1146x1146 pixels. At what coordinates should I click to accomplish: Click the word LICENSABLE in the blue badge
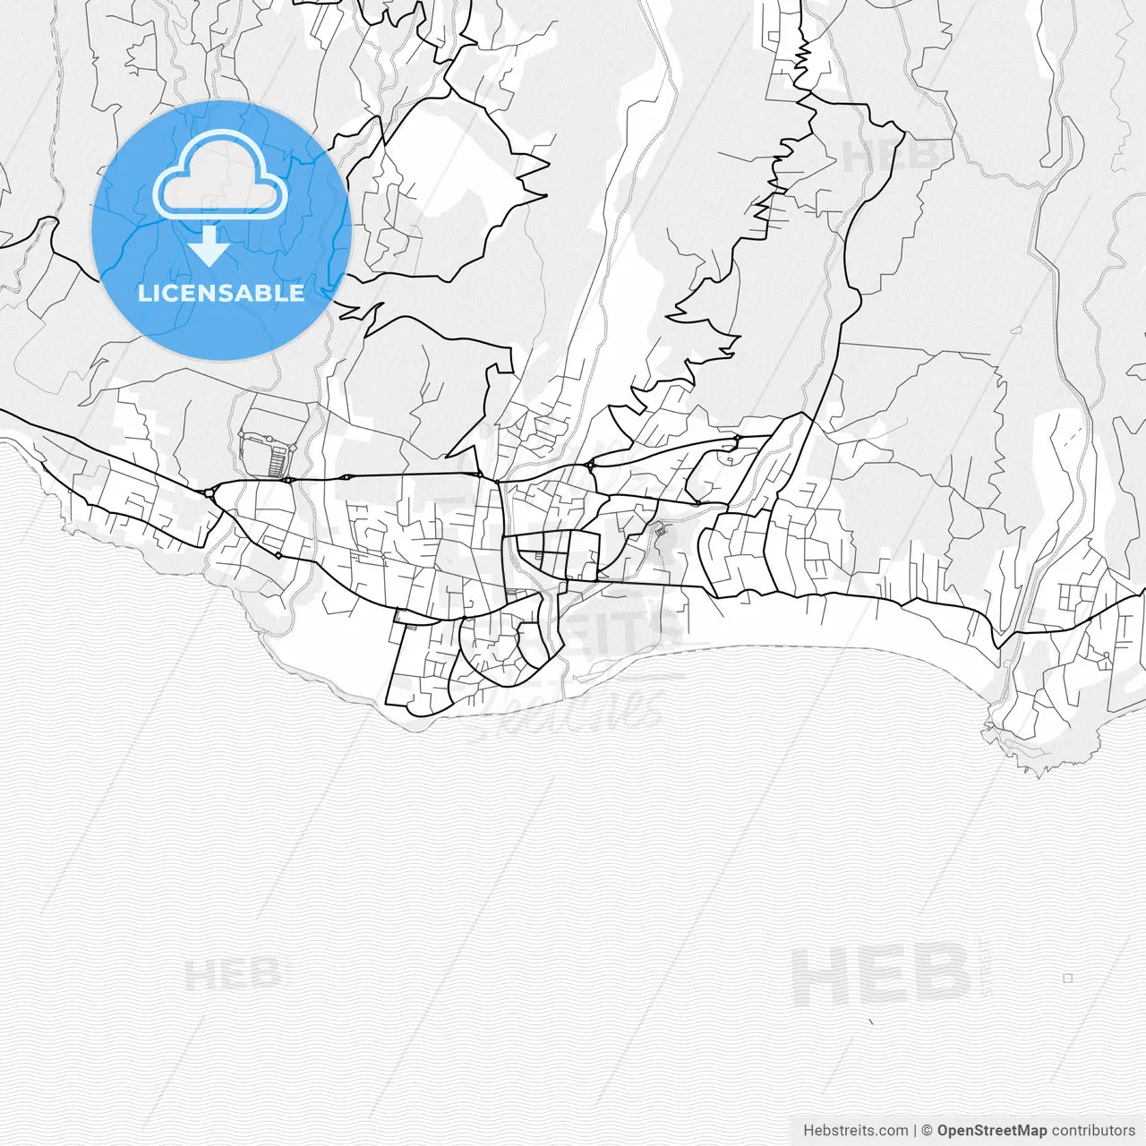coord(221,293)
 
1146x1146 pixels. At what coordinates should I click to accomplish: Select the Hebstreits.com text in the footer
coord(855,1131)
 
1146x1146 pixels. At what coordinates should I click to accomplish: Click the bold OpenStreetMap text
coord(991,1131)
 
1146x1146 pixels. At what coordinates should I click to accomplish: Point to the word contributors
coord(1093,1131)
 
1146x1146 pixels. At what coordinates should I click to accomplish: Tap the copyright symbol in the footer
coord(928,1131)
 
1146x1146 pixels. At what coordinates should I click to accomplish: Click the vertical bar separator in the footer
coord(915,1131)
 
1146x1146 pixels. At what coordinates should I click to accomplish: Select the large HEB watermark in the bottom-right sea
coord(881,976)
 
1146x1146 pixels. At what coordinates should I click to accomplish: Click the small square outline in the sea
coord(1067,979)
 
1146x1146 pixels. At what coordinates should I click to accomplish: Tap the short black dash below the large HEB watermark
coord(872,1021)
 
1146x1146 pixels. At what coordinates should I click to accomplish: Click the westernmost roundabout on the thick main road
coord(209,492)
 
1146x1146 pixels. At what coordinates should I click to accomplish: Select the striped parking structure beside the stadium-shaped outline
coord(278,460)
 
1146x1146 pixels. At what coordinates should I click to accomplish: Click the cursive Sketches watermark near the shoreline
coord(573,707)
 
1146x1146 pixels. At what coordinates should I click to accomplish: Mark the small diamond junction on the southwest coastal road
coord(278,555)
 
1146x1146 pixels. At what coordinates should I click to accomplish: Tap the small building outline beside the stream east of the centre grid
coord(661,532)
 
